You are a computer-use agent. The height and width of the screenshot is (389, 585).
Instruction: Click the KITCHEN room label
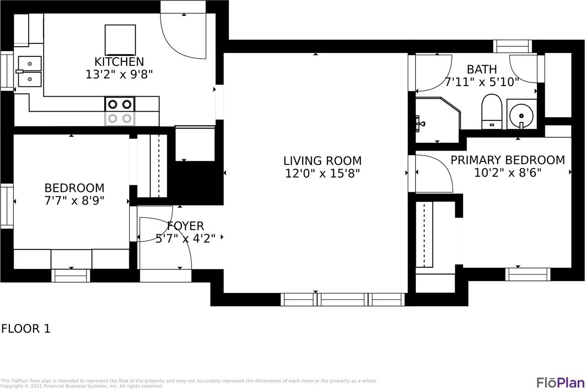pyautogui.click(x=119, y=62)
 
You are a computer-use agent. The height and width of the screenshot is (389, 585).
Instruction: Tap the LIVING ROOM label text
pyautogui.click(x=323, y=161)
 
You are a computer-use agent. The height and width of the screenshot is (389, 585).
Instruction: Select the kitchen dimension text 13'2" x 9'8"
pyautogui.click(x=119, y=75)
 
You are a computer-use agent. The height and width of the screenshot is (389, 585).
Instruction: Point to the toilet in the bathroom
pyautogui.click(x=492, y=112)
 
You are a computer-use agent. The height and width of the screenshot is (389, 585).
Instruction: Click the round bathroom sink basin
pyautogui.click(x=521, y=116)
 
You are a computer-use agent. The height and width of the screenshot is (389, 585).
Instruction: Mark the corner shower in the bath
pyautogui.click(x=438, y=120)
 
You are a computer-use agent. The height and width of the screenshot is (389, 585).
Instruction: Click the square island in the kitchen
pyautogui.click(x=120, y=40)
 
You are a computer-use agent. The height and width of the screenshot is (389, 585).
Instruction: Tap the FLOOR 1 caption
pyautogui.click(x=26, y=329)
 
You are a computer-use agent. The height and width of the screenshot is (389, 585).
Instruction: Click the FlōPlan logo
pyautogui.click(x=560, y=383)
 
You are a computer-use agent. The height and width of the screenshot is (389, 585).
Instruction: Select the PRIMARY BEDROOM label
pyautogui.click(x=508, y=160)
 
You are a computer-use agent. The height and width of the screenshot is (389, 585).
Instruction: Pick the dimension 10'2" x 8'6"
pyautogui.click(x=508, y=173)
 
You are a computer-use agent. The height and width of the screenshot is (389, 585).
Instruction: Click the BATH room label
pyautogui.click(x=482, y=70)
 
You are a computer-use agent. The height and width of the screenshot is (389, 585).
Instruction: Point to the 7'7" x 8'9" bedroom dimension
pyautogui.click(x=74, y=201)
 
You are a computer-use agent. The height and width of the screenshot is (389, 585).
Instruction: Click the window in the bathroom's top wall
pyautogui.click(x=512, y=47)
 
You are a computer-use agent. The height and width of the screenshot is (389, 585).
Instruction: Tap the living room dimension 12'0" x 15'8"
pyautogui.click(x=323, y=173)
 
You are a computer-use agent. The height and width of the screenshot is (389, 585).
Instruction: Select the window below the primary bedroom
pyautogui.click(x=528, y=275)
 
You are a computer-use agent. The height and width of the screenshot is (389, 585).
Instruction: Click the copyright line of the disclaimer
pyautogui.click(x=81, y=386)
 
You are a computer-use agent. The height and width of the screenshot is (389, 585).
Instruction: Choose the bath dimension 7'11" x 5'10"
pyautogui.click(x=482, y=82)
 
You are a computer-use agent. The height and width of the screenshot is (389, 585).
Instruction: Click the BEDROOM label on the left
pyautogui.click(x=74, y=188)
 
